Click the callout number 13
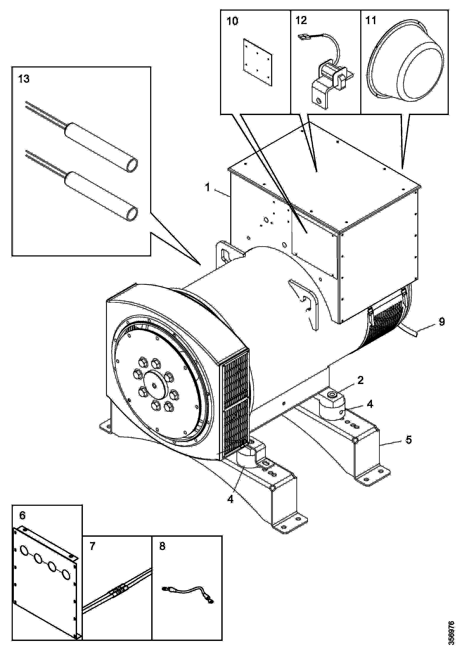pyautogui.click(x=24, y=79)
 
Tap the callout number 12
pyautogui.click(x=301, y=20)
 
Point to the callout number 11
pyautogui.click(x=371, y=20)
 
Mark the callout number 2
pyautogui.click(x=360, y=380)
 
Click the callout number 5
pyautogui.click(x=409, y=440)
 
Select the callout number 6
pyautogui.click(x=22, y=516)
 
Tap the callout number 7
pyautogui.click(x=92, y=546)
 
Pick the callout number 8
pyautogui.click(x=162, y=546)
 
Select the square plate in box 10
pyautogui.click(x=257, y=62)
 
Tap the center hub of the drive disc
pyautogui.click(x=154, y=385)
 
